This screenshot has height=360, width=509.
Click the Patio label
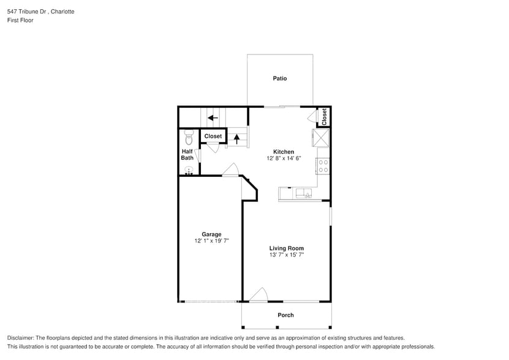tap(280, 78)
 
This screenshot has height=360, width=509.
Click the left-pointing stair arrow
tap(213, 118)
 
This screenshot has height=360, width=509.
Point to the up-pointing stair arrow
tap(237, 139)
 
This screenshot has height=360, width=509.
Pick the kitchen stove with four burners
tap(323, 165)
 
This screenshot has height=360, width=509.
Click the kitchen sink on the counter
tap(304, 194)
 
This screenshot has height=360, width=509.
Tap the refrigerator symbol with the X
tap(322, 138)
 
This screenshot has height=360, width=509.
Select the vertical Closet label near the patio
tap(324, 116)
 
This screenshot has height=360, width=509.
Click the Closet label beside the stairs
tap(213, 136)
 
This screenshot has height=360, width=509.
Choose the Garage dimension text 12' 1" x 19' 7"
tap(211, 241)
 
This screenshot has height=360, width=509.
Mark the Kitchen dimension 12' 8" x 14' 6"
tap(284, 159)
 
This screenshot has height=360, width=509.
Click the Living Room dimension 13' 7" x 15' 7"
tap(286, 255)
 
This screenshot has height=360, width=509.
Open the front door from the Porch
tap(258, 296)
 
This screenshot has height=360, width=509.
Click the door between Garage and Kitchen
tap(230, 171)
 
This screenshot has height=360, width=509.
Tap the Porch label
tap(285, 315)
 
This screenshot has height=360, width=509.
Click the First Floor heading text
tap(21, 20)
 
